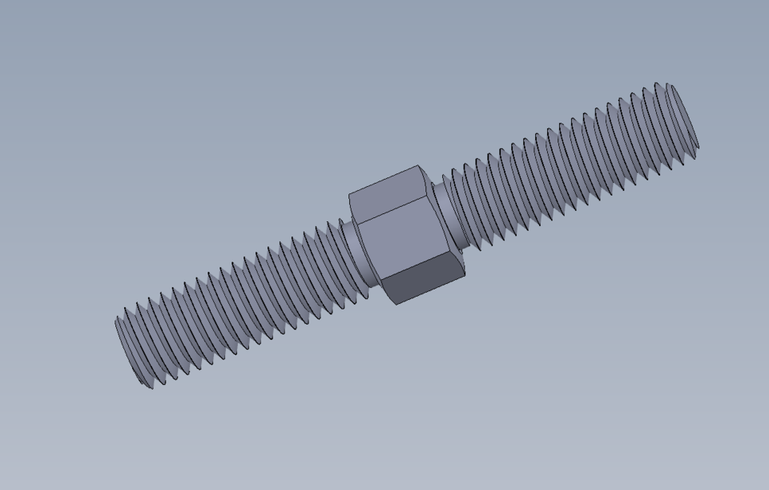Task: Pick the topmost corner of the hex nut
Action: point(417,167)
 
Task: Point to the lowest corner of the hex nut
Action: point(397,304)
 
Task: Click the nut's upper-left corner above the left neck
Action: point(349,195)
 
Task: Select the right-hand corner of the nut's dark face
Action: point(465,276)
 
